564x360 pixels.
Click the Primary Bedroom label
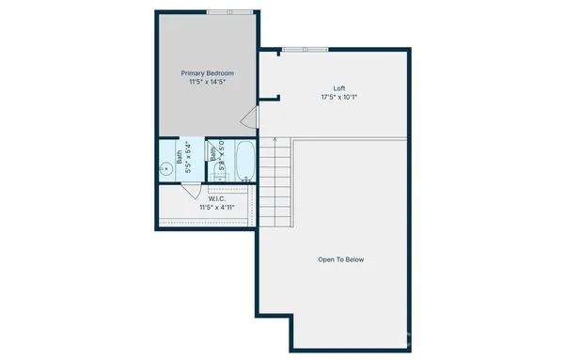(x=207, y=72)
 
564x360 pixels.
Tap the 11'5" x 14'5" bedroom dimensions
(x=207, y=82)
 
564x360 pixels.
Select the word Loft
(x=326, y=88)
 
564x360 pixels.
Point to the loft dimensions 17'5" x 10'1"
(x=326, y=97)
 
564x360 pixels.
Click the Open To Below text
(x=340, y=259)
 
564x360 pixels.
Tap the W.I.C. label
(x=216, y=197)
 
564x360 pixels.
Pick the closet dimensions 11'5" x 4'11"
(x=216, y=207)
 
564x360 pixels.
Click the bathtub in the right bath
(x=244, y=161)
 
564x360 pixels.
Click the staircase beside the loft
(x=276, y=183)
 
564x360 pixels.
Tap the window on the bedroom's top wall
(x=229, y=11)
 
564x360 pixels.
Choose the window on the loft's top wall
(x=305, y=49)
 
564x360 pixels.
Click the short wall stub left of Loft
(x=273, y=96)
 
